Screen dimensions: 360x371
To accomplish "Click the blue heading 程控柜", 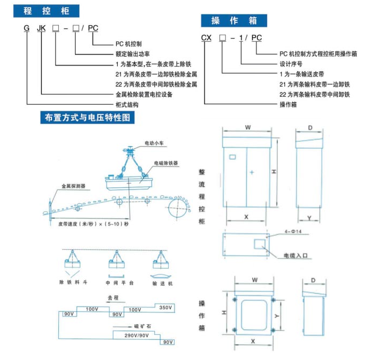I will [x=45, y=11].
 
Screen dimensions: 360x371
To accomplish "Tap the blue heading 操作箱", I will [x=234, y=21].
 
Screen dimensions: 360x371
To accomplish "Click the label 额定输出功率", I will [x=132, y=53].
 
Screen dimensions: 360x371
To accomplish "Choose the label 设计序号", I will [x=292, y=63].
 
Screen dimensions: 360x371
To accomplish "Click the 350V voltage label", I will [x=165, y=308].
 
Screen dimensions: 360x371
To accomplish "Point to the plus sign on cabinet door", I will [x=251, y=172].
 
